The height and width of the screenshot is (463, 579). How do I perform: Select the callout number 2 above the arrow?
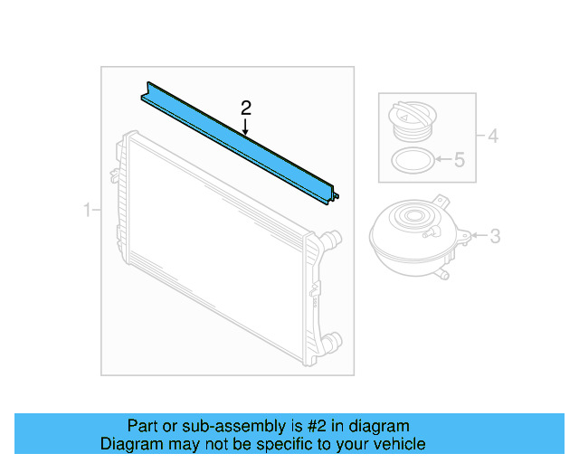pos(245,108)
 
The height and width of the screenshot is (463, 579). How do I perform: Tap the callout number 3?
pos(495,237)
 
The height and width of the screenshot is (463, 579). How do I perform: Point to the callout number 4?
pos(492,137)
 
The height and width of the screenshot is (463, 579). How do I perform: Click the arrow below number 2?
pos(245,128)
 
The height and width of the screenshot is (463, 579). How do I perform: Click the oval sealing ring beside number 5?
pos(411,163)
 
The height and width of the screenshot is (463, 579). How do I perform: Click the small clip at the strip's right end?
pos(336,194)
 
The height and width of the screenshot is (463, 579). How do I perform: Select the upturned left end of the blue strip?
pos(146,91)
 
